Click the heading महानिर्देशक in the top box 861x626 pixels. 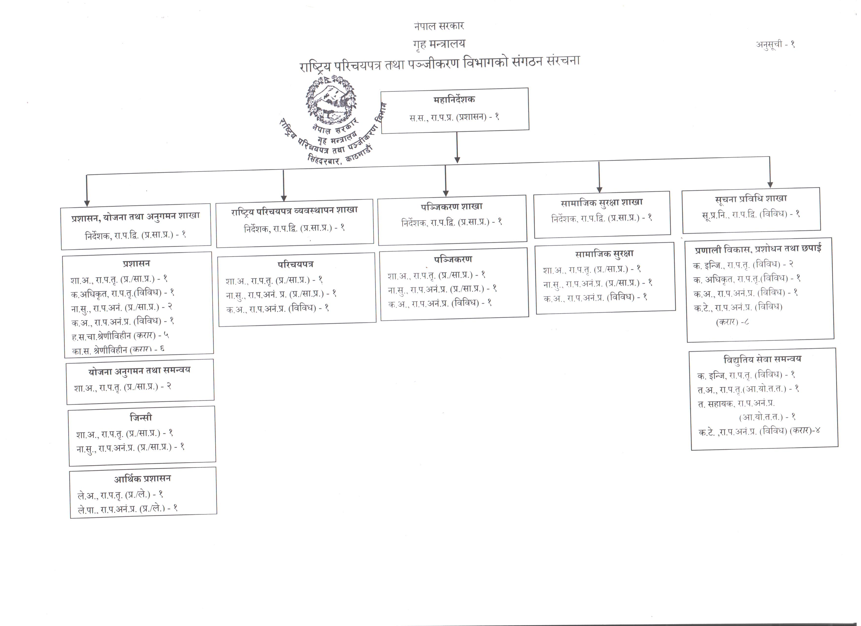[454, 100]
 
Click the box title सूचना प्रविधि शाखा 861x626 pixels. [751, 199]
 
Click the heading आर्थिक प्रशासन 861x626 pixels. [142, 479]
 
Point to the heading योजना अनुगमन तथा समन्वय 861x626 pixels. [139, 370]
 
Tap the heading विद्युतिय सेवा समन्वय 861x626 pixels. [762, 359]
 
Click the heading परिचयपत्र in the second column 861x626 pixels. [295, 264]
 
